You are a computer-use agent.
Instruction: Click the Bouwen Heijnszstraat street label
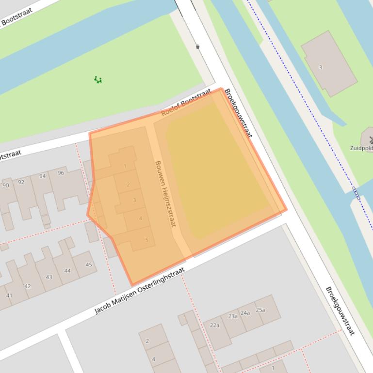pos(165,194)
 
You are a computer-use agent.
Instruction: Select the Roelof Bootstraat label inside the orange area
pos(186,102)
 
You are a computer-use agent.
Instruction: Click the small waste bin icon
pos(197,47)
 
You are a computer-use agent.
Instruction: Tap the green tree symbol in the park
pos(98,79)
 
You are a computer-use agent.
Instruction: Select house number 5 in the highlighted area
pos(146,240)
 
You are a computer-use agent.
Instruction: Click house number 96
pos(61,173)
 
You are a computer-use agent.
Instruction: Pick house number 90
pos(6,186)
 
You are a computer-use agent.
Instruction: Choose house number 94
pos(43,176)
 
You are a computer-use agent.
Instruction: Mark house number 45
pos(89,264)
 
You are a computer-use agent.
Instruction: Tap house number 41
pos(9,295)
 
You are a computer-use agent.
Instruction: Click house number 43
pos(49,277)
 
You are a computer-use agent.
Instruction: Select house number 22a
pos(214,326)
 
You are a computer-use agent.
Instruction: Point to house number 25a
pos(260,310)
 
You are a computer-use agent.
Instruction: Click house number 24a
pos(245,313)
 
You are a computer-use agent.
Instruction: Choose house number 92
pos(21,182)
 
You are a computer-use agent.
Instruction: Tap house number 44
pos(67,271)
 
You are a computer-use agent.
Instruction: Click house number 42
pos(28,286)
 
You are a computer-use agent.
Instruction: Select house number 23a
pos(233,316)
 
